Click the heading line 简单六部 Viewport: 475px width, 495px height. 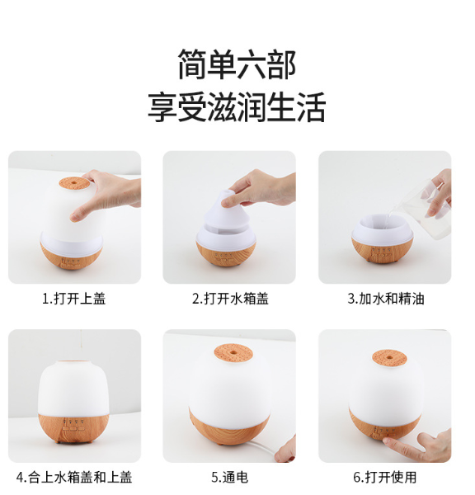coord(237,64)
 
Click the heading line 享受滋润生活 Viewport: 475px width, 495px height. coord(237,107)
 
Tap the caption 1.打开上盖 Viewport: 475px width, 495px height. coord(74,299)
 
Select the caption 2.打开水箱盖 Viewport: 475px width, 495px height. coord(230,299)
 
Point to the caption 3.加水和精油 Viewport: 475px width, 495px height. coord(386,299)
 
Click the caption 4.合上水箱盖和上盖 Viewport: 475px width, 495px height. coord(74,477)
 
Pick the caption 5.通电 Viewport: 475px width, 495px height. coord(230,477)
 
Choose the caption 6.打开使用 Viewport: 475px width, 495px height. coord(385,477)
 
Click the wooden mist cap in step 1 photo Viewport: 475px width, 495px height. coord(73,183)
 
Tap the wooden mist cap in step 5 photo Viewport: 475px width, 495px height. coord(233,353)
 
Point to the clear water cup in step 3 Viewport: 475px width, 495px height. coord(433,209)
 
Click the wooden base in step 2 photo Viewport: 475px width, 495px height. coord(226,253)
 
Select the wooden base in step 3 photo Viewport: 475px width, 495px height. coord(382,251)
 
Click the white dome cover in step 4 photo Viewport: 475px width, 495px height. coord(73,389)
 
